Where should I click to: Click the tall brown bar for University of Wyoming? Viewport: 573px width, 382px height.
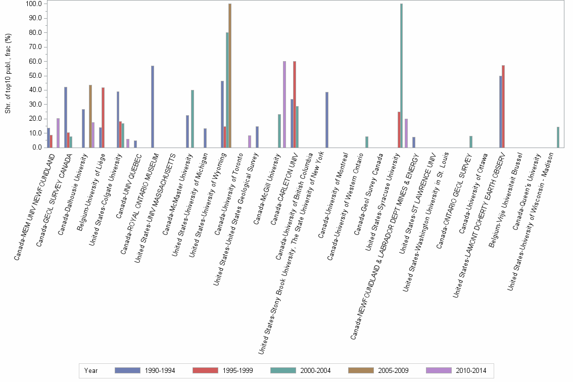[230, 76]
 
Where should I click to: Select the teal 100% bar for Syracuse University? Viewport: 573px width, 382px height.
[401, 76]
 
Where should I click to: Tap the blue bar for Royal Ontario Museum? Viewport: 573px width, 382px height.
[152, 107]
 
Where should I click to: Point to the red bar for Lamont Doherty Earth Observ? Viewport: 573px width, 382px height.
[503, 107]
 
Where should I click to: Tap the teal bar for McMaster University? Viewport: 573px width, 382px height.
[192, 119]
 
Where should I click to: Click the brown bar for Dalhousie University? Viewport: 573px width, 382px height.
[90, 116]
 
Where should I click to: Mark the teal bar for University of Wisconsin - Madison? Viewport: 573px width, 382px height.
[558, 137]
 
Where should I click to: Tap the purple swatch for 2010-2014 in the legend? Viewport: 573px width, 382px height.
[439, 370]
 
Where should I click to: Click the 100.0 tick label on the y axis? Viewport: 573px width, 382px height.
[33, 4]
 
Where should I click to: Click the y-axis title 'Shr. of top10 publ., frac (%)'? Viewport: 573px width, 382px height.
[8, 73]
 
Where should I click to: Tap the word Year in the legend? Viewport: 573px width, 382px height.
[91, 371]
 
